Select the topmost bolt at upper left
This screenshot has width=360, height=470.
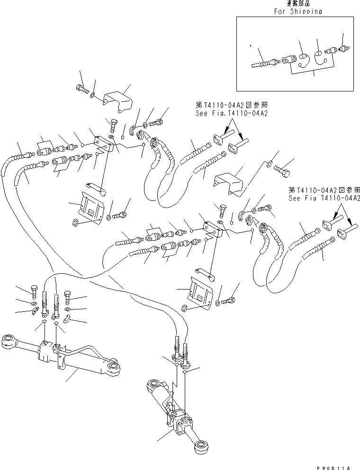pos(81,88)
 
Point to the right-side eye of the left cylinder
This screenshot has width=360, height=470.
pos(114,370)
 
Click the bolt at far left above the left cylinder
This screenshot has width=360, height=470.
pos(34,289)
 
